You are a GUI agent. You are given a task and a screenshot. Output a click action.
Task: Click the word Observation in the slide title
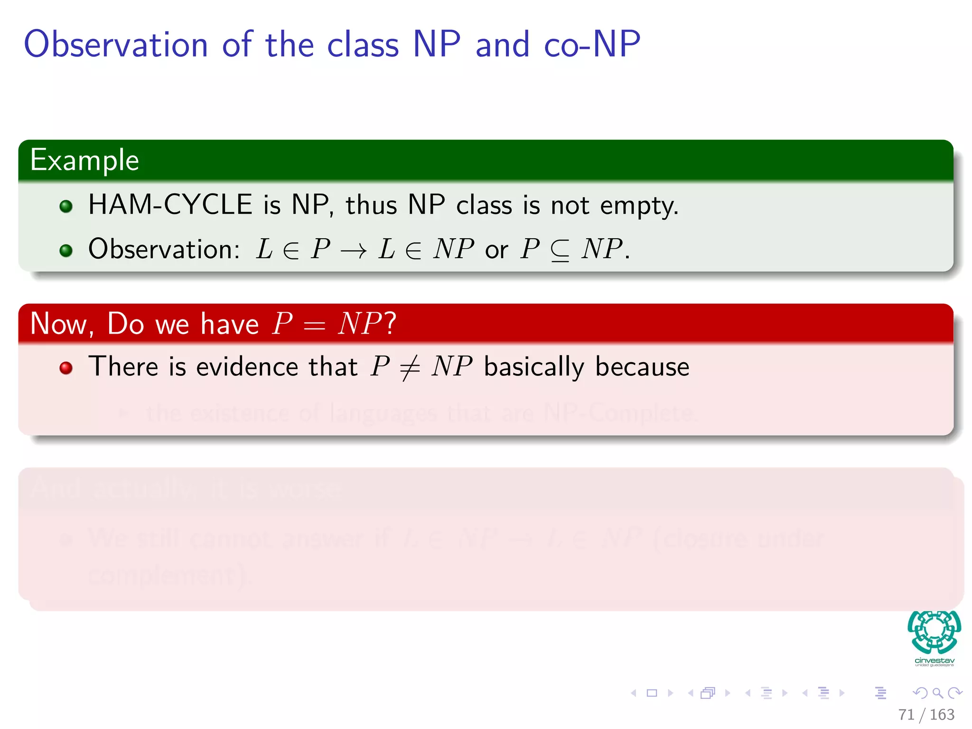(116, 44)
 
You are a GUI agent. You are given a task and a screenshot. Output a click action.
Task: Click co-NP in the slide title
(592, 44)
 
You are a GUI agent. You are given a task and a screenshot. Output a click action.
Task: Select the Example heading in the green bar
(84, 160)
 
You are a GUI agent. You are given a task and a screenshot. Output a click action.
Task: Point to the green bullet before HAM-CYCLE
(66, 206)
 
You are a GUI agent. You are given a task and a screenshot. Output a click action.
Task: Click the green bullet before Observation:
(66, 250)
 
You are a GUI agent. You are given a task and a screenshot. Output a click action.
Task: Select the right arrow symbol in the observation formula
(354, 250)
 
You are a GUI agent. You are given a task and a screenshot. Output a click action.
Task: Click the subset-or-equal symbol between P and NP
(560, 250)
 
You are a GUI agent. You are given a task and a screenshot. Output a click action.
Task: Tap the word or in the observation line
(496, 250)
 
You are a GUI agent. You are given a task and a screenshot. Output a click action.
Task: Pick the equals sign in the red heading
(315, 325)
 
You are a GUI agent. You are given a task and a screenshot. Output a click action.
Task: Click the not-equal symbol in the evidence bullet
(410, 367)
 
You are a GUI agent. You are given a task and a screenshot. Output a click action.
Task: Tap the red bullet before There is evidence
(66, 368)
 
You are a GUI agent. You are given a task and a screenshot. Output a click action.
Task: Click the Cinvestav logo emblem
(934, 632)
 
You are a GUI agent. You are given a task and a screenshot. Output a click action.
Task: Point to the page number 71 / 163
(926, 714)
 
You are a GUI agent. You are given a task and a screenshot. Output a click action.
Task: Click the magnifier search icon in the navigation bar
(937, 693)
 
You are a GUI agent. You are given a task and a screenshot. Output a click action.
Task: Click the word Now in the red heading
(59, 324)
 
